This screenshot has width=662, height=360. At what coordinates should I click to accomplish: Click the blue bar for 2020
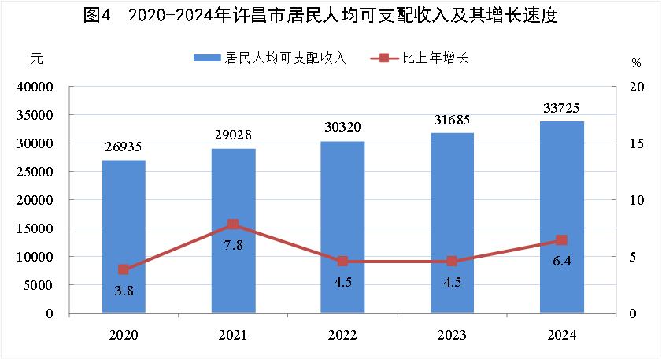[x=124, y=236]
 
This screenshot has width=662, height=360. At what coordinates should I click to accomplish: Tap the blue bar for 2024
[x=561, y=217]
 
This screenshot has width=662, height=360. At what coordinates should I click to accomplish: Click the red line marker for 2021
[x=233, y=225]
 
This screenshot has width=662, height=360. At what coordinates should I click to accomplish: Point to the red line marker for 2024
[x=561, y=240]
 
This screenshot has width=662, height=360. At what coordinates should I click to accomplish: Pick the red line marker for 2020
[x=124, y=269]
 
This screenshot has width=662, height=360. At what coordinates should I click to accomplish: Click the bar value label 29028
[x=233, y=136]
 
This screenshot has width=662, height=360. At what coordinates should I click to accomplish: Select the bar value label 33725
[x=561, y=109]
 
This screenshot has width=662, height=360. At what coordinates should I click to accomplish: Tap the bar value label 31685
[x=452, y=121]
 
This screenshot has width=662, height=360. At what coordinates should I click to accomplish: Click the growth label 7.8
[x=233, y=245]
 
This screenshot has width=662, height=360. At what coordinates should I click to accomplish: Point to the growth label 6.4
[x=561, y=261]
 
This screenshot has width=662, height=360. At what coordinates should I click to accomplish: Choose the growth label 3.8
[x=124, y=291]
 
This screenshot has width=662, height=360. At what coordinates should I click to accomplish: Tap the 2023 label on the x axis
[x=452, y=335]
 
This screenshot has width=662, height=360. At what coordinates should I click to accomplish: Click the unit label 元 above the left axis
[x=35, y=59]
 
